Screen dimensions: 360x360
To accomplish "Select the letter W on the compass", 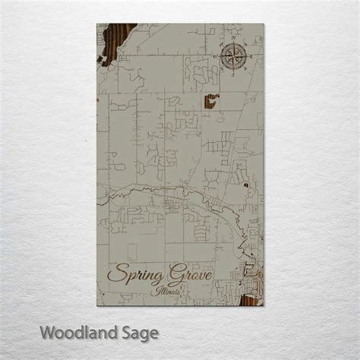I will tap(217, 55).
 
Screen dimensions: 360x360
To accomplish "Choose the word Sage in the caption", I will tap(138, 333).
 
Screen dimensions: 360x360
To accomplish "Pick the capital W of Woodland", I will tap(47, 331).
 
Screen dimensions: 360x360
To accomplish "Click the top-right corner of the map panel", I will tap(264, 24).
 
